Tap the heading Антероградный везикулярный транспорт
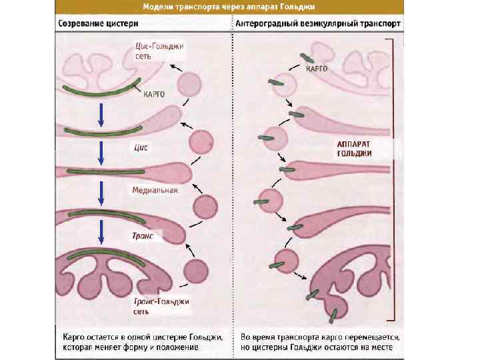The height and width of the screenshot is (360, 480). pyautogui.click(x=319, y=23)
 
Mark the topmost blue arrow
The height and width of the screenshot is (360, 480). pyautogui.click(x=100, y=114)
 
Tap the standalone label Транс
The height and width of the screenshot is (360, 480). pyautogui.click(x=143, y=236)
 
